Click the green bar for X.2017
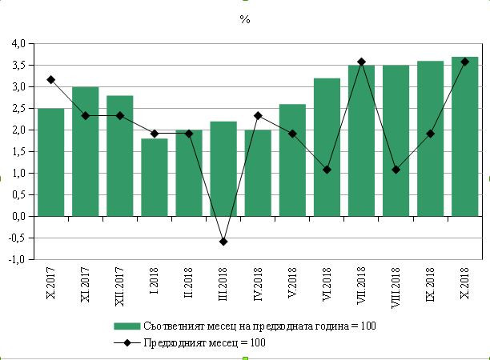pyautogui.click(x=50, y=162)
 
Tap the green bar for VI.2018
pyautogui.click(x=327, y=146)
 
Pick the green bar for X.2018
pyautogui.click(x=465, y=136)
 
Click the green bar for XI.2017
pyautogui.click(x=85, y=151)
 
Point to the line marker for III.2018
pyautogui.click(x=223, y=242)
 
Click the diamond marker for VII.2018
pyautogui.click(x=361, y=62)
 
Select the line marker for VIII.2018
pyautogui.click(x=396, y=170)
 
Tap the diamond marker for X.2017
pyautogui.click(x=50, y=79)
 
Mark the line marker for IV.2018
pyautogui.click(x=258, y=116)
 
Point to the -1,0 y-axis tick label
pyautogui.click(x=18, y=259)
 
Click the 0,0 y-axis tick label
pyautogui.click(x=18, y=216)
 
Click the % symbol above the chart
pyautogui.click(x=245, y=19)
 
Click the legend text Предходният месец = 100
pyautogui.click(x=204, y=342)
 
